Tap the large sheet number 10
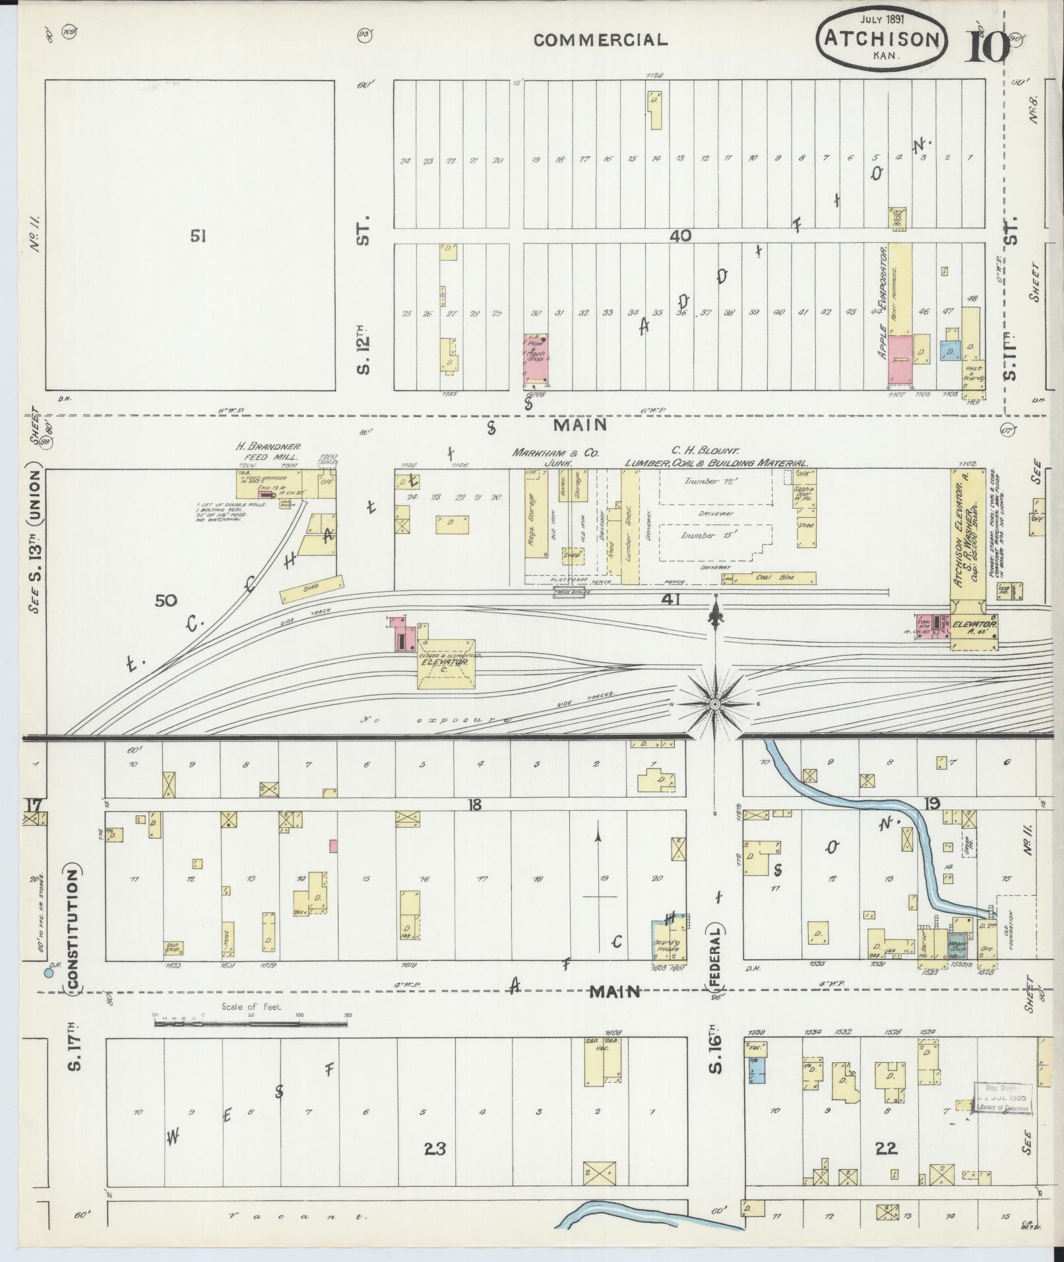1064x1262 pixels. (x=987, y=46)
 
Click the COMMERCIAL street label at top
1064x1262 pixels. (x=600, y=40)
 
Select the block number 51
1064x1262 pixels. (x=198, y=236)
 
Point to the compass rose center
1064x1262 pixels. (x=715, y=705)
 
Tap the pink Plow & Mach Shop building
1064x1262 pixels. (x=536, y=358)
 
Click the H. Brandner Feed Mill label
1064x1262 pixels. (x=268, y=451)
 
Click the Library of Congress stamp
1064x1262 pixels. (x=1003, y=1097)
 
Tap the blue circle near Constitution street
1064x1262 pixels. (x=48, y=973)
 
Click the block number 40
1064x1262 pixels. (x=680, y=236)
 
